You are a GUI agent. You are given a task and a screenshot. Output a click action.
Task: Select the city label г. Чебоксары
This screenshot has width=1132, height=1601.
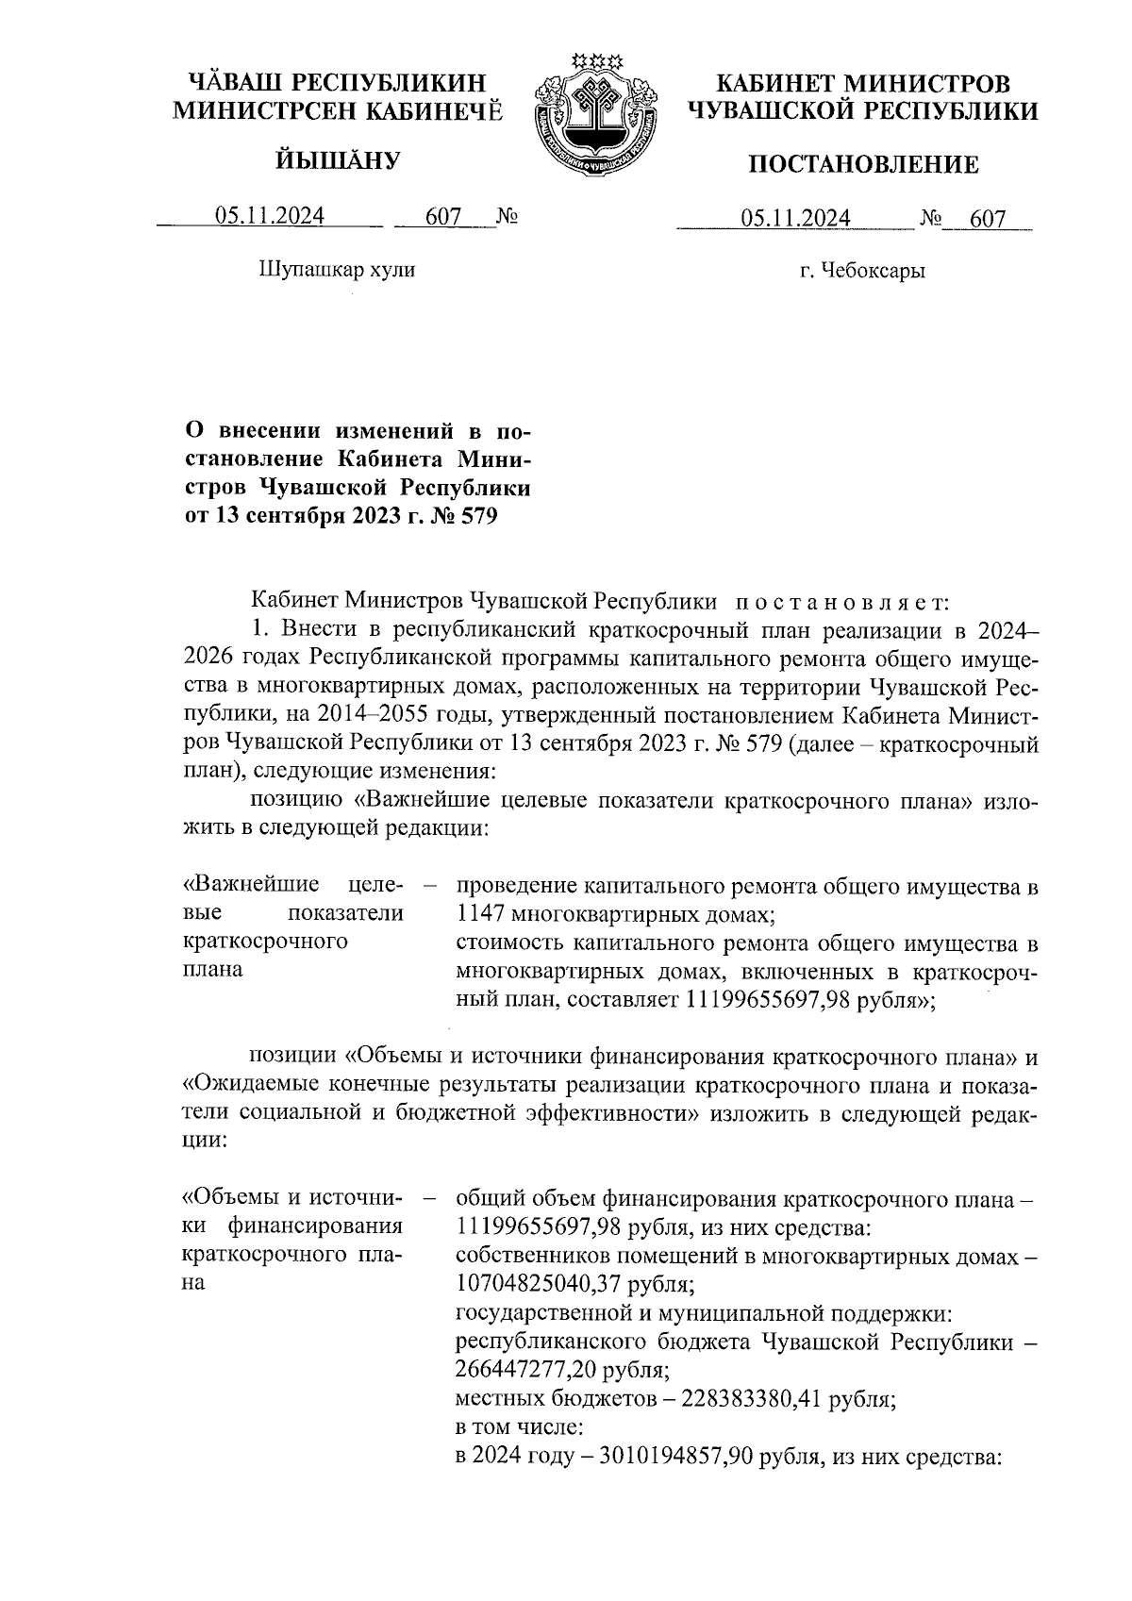[862, 272]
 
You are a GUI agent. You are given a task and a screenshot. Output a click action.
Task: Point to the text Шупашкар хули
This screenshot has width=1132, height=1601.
[337, 270]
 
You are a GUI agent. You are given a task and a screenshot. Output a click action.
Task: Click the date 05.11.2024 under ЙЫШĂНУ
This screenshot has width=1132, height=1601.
[270, 217]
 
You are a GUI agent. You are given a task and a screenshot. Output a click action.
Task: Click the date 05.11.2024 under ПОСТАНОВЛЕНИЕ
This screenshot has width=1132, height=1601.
[795, 219]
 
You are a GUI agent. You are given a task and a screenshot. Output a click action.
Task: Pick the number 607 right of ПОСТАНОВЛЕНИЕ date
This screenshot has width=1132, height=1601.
[987, 219]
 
